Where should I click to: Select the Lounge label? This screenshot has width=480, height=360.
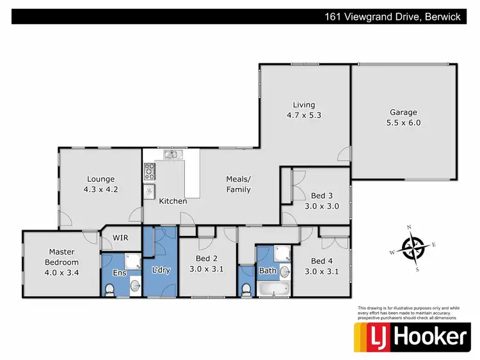(x=101, y=179)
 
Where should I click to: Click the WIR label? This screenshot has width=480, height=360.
(x=121, y=238)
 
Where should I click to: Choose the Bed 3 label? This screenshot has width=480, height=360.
(x=321, y=195)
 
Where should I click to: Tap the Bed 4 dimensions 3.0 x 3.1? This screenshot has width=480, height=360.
(x=321, y=272)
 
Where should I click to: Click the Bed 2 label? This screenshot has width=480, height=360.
(x=206, y=258)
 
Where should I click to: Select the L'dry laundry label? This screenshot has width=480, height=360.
(x=160, y=271)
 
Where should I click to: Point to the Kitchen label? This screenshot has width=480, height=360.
(x=173, y=201)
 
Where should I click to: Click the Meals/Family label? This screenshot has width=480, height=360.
(x=238, y=184)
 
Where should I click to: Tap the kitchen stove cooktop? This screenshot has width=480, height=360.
(x=150, y=171)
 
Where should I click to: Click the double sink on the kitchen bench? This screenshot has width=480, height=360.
(x=171, y=154)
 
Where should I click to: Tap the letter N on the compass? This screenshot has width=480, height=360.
(x=408, y=226)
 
